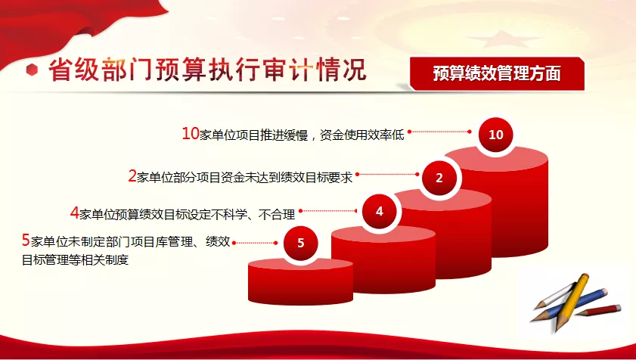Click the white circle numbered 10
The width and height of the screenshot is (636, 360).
(495, 135)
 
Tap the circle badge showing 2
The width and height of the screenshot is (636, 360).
(439, 178)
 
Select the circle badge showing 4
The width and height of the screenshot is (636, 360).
(380, 211)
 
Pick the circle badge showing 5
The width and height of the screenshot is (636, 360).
(300, 243)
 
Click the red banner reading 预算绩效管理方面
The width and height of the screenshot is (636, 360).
(498, 73)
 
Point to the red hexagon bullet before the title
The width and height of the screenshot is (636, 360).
(32, 70)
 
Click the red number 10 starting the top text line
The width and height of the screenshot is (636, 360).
(191, 134)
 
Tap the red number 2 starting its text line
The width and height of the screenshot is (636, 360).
(132, 175)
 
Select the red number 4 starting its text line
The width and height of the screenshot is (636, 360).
(74, 213)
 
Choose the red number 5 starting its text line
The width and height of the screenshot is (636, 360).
(26, 241)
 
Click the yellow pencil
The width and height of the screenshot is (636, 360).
(572, 301)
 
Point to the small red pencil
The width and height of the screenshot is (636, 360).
(598, 311)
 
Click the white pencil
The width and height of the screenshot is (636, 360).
(554, 296)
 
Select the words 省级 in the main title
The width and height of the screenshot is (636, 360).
(74, 70)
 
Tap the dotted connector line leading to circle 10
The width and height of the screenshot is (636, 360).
(439, 132)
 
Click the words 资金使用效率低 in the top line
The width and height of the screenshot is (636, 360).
(361, 135)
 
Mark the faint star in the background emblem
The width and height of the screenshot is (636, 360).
(504, 39)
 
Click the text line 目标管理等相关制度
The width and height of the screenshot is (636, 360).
(75, 259)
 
